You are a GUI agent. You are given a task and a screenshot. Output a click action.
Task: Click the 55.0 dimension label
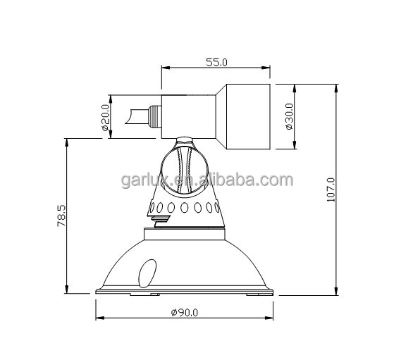pos(216,63)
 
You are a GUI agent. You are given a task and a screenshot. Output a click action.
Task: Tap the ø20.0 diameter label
pos(105,118)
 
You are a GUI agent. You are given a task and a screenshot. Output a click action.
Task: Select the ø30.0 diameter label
pos(289,116)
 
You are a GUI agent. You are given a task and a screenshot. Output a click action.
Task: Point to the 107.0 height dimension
pos(331,190)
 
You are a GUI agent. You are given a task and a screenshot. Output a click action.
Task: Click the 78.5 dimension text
pos(61,216)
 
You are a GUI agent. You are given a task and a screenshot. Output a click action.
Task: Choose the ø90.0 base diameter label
pos(185,313)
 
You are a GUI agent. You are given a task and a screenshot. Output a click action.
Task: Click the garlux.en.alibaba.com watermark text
pos(207,180)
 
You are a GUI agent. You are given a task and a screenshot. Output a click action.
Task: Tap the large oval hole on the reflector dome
pos(147,273)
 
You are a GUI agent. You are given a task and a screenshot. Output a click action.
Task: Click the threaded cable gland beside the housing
pos(155,117)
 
